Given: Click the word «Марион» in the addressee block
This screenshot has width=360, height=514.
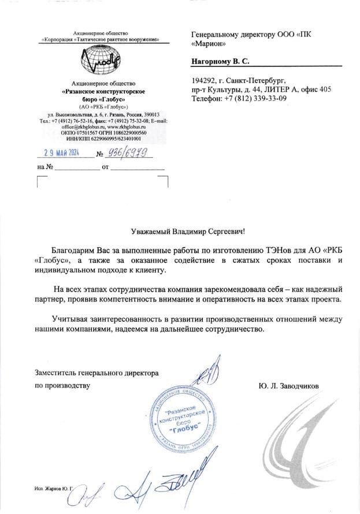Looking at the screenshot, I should point(208,44).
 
